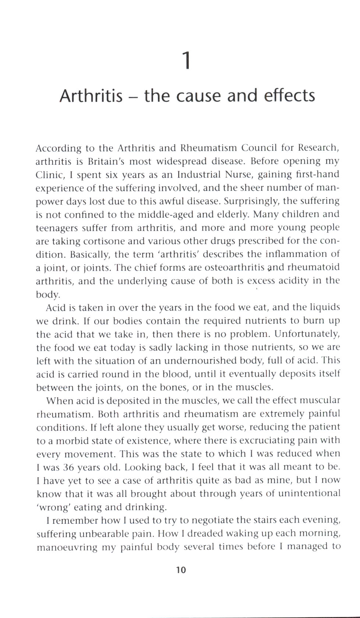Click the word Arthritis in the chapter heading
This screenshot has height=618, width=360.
coord(91,96)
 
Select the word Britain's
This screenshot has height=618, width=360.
coord(106,161)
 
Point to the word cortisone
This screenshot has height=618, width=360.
coord(121,241)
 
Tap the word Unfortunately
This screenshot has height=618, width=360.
coord(307,334)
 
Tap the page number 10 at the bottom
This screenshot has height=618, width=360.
coord(181,570)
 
